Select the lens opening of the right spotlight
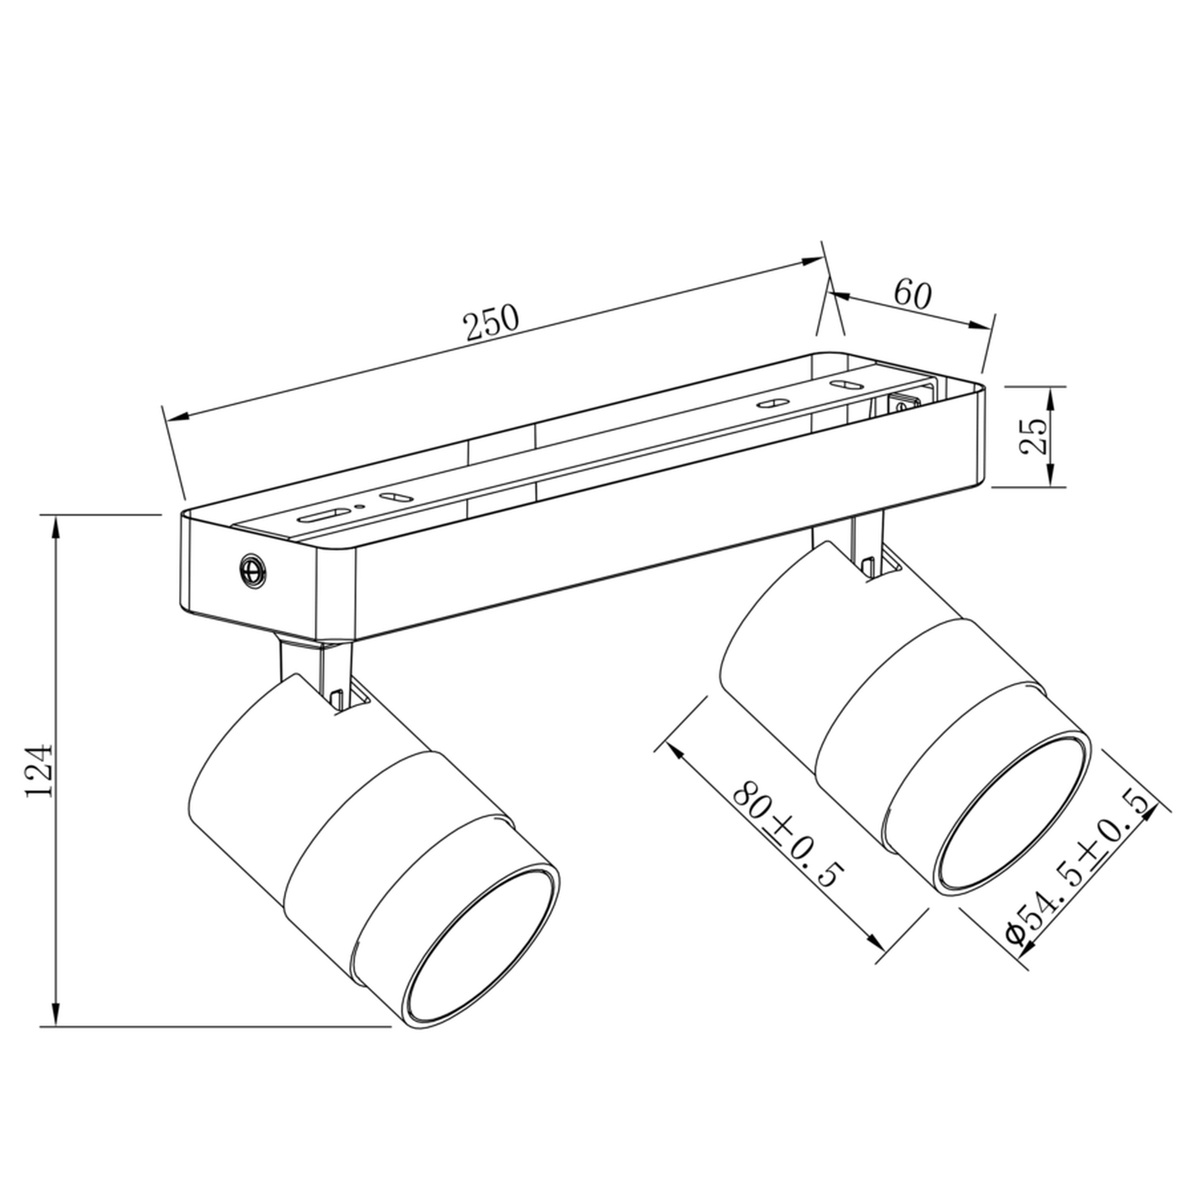1014,812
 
